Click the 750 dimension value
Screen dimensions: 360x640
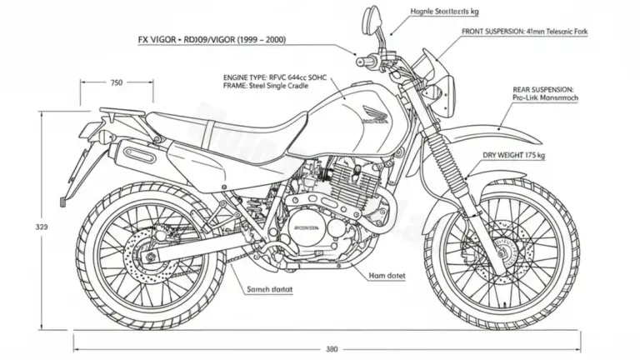pos(117,82)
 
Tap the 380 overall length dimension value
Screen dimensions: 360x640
pos(331,348)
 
